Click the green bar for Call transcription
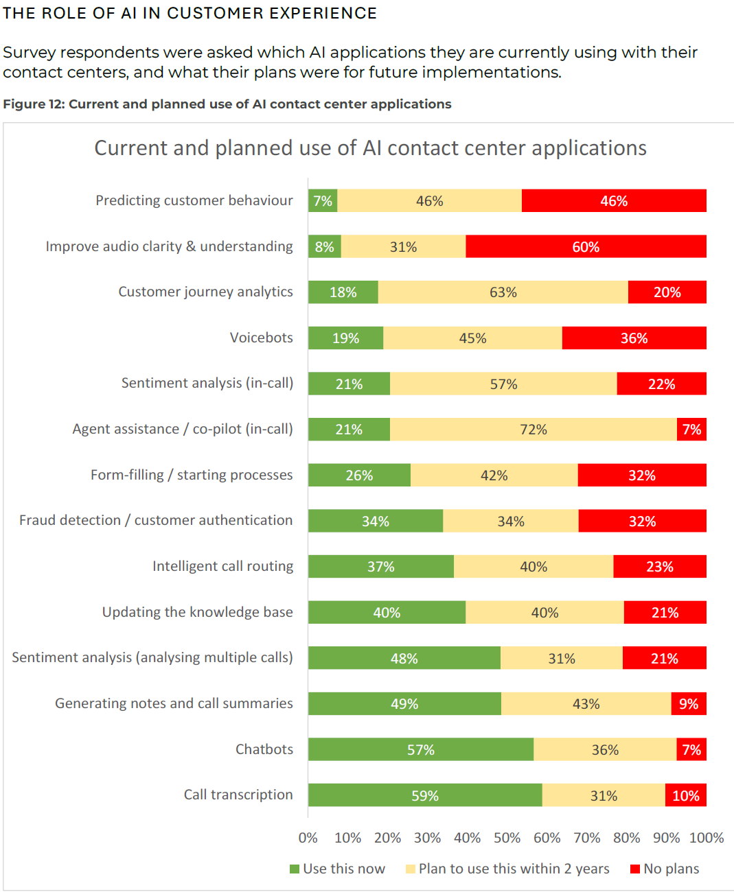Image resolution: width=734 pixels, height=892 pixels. pos(425,795)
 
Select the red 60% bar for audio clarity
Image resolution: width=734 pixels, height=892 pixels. pos(586,246)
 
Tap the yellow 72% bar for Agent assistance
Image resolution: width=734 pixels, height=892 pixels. pos(534,430)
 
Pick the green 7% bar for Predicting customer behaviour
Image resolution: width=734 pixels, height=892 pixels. pos(323,200)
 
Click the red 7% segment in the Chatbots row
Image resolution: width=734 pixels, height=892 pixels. pos(691,749)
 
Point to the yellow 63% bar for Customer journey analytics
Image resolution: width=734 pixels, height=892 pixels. pos(503,292)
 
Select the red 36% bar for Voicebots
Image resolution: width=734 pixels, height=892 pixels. pos(634,338)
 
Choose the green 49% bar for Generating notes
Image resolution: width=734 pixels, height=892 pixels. pos(404,704)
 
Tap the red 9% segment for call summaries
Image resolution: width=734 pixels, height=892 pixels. pos(689,704)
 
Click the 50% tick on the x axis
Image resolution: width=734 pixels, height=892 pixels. pos(507,838)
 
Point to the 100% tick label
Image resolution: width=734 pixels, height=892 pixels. pos(707,838)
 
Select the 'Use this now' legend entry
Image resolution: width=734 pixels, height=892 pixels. pos(338,869)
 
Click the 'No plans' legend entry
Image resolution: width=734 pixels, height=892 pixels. pos(665,869)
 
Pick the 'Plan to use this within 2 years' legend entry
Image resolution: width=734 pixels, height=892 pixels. pos(507,869)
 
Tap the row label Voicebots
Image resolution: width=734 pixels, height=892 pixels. pos(261,338)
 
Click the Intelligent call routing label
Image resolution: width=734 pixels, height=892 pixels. pos(222,566)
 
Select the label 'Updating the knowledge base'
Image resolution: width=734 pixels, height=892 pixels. pos(197,612)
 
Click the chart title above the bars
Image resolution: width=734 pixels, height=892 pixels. pos(370,148)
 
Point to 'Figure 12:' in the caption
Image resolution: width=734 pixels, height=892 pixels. pos(34,104)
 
